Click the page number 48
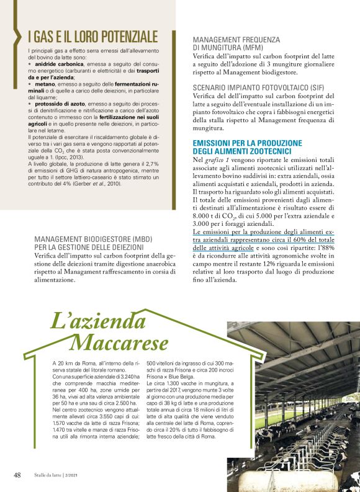(x=17, y=475)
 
